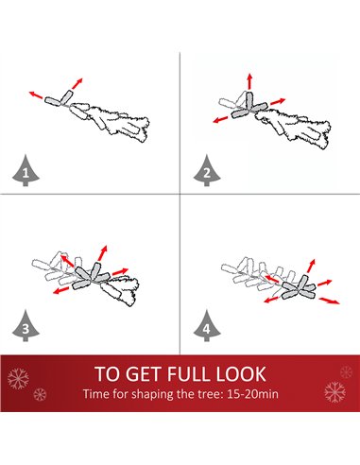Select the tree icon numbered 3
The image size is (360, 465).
coord(26,326)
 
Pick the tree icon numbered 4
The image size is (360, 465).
coord(207,326)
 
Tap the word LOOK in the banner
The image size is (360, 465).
coord(241,374)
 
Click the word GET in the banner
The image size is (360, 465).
coord(146,374)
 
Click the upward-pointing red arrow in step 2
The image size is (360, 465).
coord(249,81)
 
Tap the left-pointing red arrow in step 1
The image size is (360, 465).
coord(36,95)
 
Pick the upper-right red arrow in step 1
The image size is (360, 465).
coord(77,83)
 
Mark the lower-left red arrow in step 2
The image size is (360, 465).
coord(220,119)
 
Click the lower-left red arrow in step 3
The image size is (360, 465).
coord(61,290)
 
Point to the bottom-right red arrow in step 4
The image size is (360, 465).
coord(330,301)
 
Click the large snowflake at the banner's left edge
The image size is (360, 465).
coord(18,378)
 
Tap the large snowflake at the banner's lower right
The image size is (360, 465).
coord(334,392)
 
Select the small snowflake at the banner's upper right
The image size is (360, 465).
coord(346,372)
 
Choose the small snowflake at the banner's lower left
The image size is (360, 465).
coord(40,394)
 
